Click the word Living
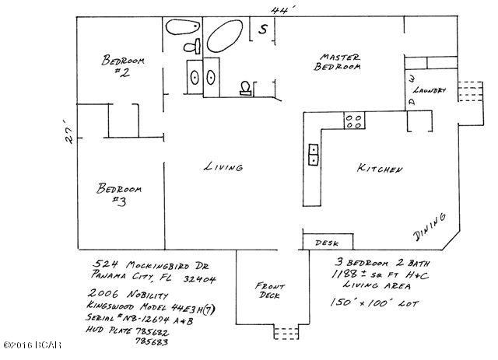223,167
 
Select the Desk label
324,243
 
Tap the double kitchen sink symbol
314,153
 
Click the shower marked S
263,30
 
